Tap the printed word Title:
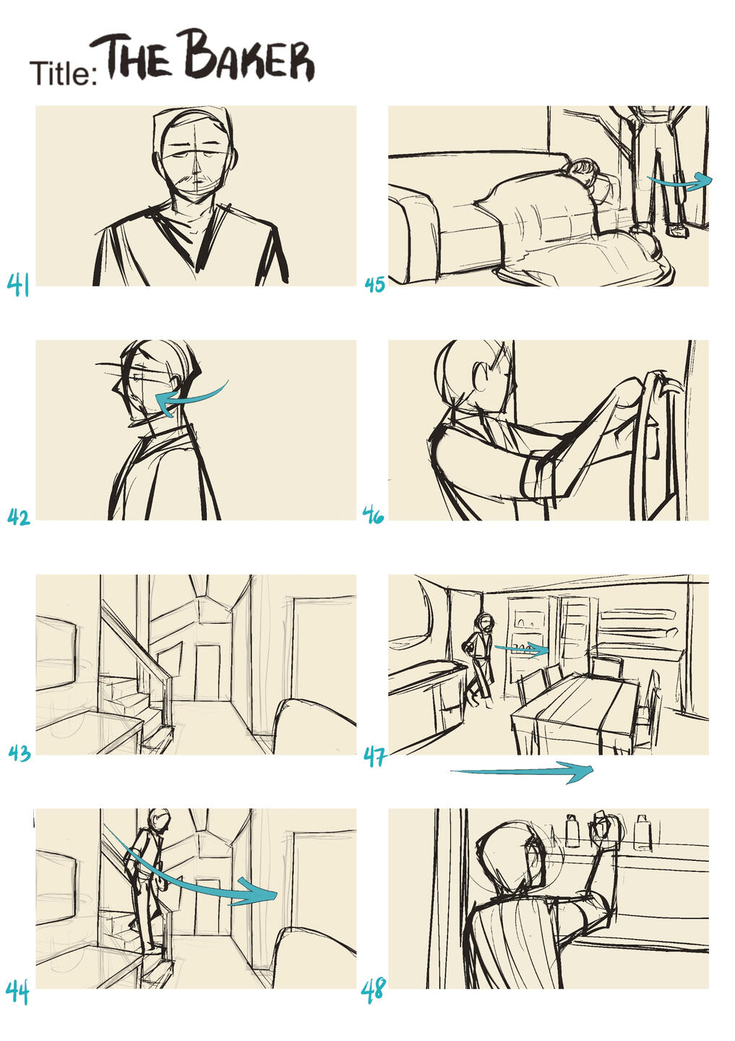[63, 73]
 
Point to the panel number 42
[19, 518]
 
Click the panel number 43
[20, 753]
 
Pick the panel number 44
[17, 991]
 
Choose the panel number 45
[375, 284]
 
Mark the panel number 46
[373, 515]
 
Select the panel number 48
[373, 990]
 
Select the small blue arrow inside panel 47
[521, 648]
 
